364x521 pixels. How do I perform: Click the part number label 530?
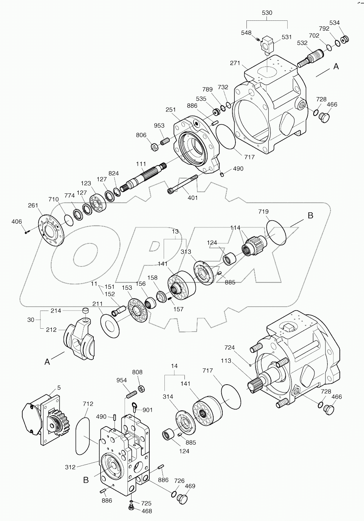267,12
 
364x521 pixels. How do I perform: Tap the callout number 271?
235,63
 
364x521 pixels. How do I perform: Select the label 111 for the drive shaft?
141,164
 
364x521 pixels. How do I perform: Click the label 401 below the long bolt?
193,197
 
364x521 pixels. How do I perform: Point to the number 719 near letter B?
263,212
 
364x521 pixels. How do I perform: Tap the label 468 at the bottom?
147,511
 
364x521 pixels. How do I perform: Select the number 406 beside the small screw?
17,222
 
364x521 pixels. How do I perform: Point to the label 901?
147,410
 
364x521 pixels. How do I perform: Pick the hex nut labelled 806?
154,146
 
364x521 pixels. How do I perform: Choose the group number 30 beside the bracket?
31,320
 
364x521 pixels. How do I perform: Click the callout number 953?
159,125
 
